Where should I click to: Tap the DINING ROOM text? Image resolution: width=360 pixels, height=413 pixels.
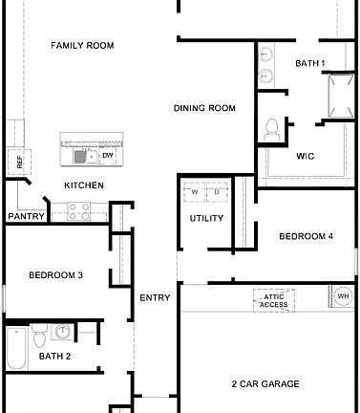coord(204,108)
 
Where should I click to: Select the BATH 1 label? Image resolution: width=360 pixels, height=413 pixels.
coord(310,64)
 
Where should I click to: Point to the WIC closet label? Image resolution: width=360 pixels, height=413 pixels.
coord(306,156)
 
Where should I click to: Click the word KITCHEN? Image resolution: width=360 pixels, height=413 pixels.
coord(84,185)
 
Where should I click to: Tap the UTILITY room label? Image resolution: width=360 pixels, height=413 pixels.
coord(207,218)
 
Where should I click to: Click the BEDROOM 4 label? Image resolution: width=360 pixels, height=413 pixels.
coord(306,236)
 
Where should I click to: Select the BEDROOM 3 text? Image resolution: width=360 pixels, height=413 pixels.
coord(55,275)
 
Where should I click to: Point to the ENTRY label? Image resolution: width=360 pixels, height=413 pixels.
coord(155,297)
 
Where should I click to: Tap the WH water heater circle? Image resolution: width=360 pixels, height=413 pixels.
coord(343,297)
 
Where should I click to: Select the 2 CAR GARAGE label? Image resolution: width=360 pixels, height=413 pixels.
coord(265,383)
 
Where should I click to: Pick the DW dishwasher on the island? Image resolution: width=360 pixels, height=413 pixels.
coord(107,155)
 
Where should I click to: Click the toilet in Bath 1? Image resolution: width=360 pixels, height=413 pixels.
coord(271,128)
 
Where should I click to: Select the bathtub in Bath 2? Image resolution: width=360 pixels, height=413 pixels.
coord(15,349)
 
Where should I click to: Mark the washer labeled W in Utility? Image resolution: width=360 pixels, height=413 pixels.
coord(195,192)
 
